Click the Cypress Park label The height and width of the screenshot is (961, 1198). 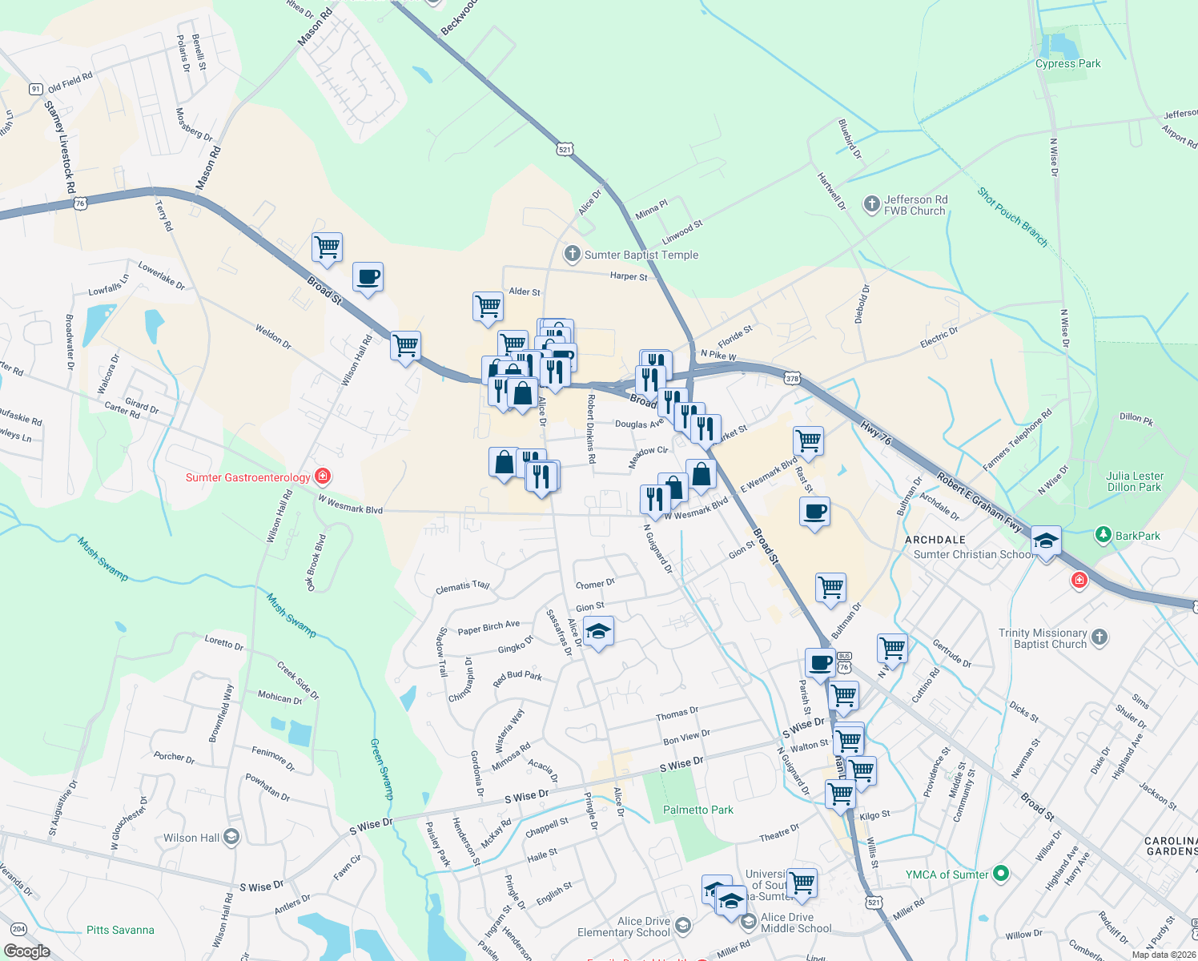click(1067, 64)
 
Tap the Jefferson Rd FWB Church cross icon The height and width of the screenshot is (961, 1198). click(871, 205)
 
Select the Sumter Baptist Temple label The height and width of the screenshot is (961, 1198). click(641, 255)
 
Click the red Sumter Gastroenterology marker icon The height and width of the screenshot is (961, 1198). click(323, 477)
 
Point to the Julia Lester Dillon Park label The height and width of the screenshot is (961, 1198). click(1135, 481)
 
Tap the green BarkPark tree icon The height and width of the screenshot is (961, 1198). click(1104, 535)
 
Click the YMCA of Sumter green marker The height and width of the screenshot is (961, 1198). click(1000, 874)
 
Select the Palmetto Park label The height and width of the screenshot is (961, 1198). click(697, 810)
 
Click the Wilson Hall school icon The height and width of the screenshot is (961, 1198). click(231, 838)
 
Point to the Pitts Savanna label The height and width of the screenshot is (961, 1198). click(120, 930)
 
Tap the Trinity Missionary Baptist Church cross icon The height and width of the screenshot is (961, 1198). click(1100, 637)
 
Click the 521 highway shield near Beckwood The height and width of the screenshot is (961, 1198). click(565, 150)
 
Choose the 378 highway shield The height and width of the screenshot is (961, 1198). click(792, 378)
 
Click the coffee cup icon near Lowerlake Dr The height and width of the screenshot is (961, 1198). click(368, 277)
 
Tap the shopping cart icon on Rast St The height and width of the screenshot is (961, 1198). click(808, 440)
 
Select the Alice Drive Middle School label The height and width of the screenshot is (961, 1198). click(796, 923)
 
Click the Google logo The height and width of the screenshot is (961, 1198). click(26, 951)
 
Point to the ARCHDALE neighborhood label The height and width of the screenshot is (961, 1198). click(935, 540)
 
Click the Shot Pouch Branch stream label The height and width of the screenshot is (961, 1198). click(1012, 216)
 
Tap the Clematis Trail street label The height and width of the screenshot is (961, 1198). click(462, 587)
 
